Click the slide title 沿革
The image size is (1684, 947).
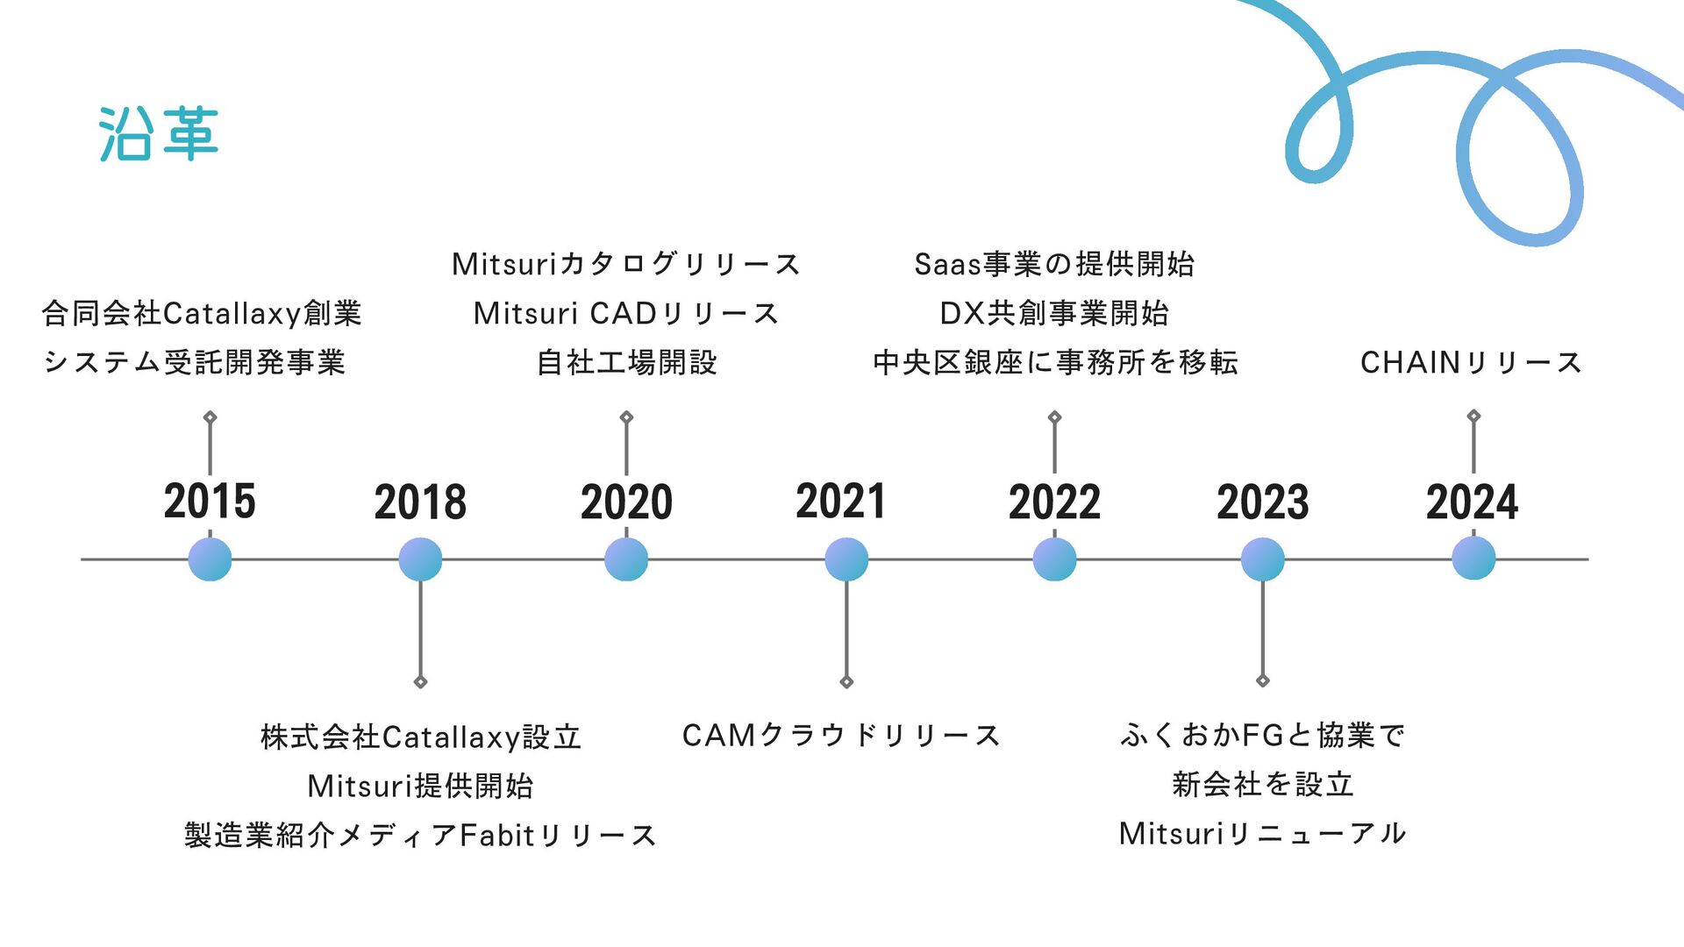point(158,134)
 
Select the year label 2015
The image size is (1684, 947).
point(210,501)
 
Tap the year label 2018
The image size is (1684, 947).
point(420,502)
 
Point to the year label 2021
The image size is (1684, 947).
point(841,501)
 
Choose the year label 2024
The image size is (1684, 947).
point(1472,502)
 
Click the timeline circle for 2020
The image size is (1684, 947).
point(626,559)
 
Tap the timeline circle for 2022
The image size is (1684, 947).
point(1054,559)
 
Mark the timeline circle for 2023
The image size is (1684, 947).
point(1263,559)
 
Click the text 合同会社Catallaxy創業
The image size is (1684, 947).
point(202,313)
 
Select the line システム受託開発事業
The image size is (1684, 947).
point(195,362)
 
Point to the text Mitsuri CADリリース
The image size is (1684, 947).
point(626,313)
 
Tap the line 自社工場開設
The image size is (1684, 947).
point(626,362)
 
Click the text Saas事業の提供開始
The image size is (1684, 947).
point(1054,264)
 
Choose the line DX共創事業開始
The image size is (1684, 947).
point(1054,313)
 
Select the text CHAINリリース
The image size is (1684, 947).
point(1472,362)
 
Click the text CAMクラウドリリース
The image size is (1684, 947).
point(841,735)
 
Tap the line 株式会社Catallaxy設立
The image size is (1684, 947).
point(421,737)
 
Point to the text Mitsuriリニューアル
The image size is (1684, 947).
point(1263,833)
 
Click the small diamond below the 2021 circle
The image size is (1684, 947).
point(846,682)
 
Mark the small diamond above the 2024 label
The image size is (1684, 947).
point(1473,416)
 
